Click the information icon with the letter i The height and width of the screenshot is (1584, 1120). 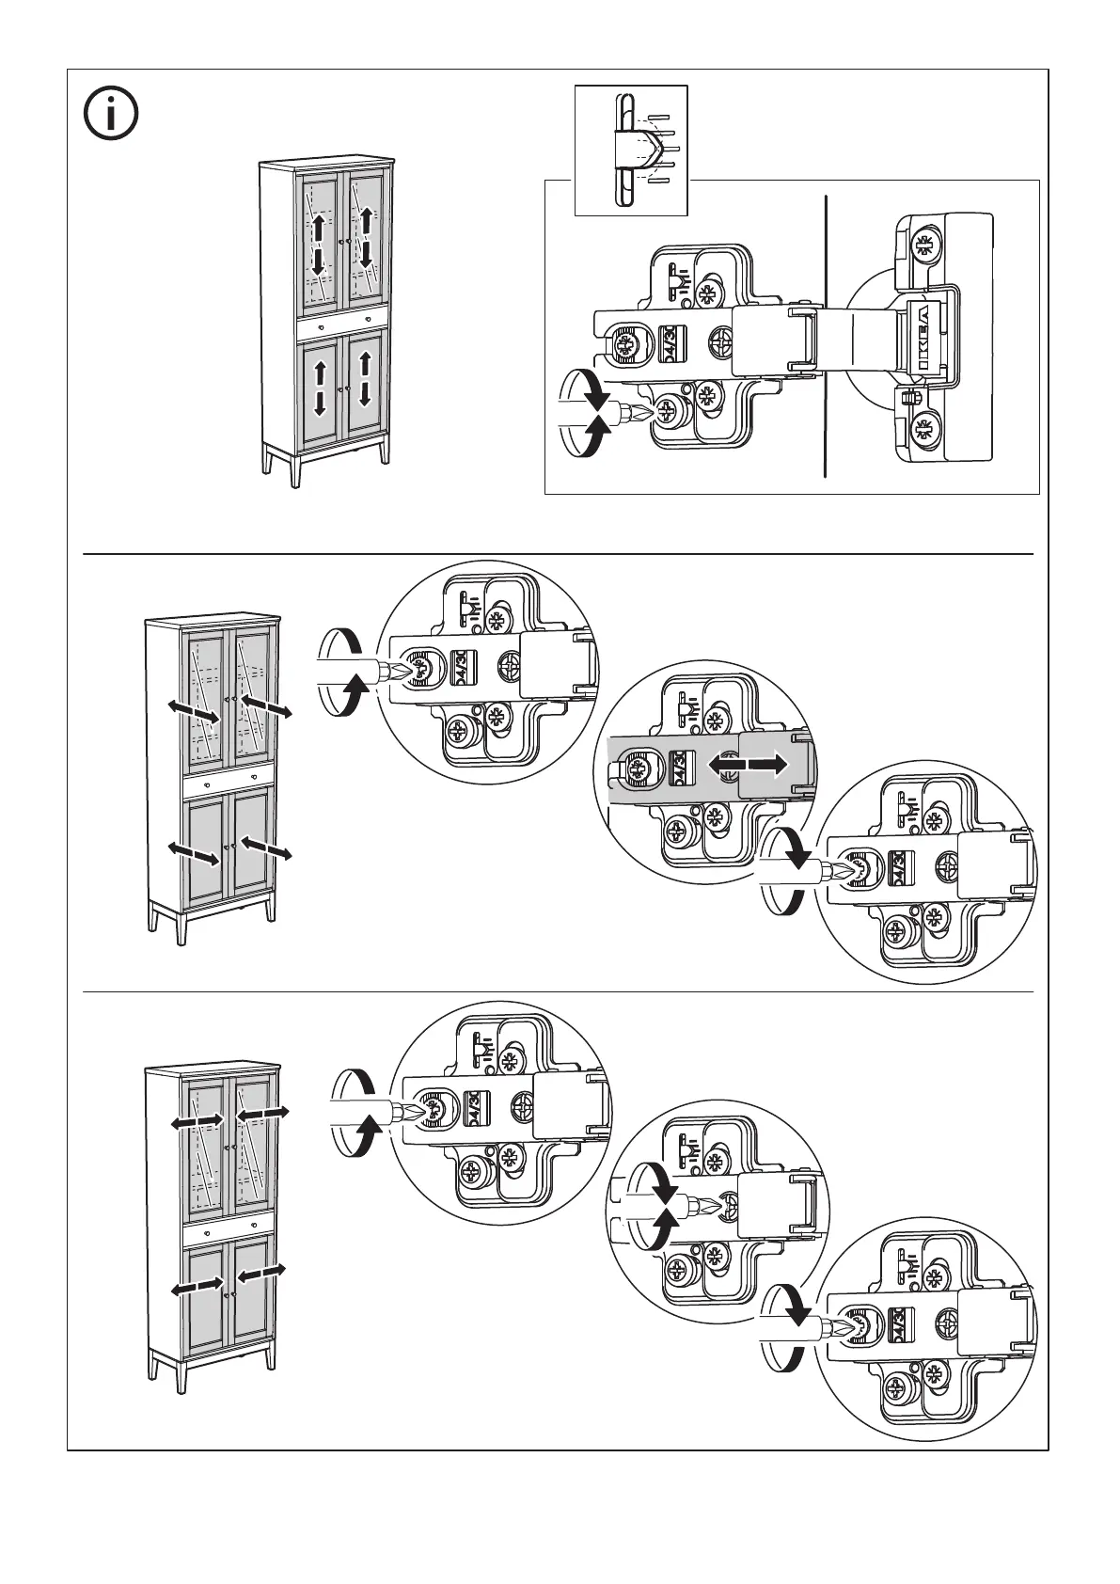click(111, 115)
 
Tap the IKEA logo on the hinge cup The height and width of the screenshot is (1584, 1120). click(923, 340)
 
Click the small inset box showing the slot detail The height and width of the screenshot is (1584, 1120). click(631, 150)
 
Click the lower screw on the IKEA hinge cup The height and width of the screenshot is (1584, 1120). click(924, 431)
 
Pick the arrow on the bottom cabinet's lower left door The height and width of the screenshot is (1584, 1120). click(198, 1288)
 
